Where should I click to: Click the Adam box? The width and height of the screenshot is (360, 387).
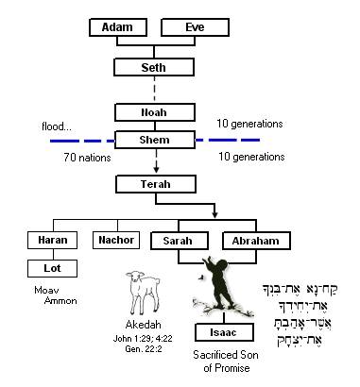(116, 27)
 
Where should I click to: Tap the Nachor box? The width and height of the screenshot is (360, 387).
(117, 242)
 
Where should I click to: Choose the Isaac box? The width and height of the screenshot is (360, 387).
(222, 332)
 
